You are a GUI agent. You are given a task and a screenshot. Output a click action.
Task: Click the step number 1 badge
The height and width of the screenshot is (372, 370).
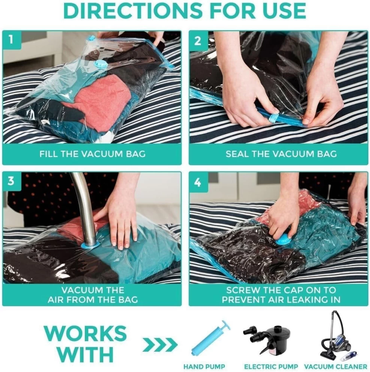click(x=12, y=39)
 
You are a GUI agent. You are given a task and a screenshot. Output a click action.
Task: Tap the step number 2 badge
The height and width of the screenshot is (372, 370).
click(x=198, y=41)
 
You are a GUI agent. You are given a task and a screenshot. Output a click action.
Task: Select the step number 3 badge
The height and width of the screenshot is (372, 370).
click(x=12, y=181)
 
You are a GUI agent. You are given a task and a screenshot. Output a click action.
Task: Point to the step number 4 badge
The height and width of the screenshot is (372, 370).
click(x=198, y=182)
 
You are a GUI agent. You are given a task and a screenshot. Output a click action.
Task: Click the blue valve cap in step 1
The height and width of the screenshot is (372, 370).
click(x=101, y=65)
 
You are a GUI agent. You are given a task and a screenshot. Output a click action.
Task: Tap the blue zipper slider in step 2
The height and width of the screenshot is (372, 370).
click(x=273, y=118)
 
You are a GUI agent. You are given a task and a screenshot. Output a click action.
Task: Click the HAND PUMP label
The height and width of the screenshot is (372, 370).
click(x=204, y=366)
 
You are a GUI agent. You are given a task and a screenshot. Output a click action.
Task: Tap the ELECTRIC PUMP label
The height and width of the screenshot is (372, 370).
click(x=271, y=366)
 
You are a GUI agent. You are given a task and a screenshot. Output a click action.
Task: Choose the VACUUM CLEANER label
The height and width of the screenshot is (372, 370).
click(x=335, y=366)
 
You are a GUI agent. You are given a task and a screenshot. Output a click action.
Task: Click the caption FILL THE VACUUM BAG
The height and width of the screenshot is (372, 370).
click(x=92, y=154)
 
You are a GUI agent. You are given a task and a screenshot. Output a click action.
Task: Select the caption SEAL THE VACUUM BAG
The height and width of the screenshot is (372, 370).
click(x=281, y=154)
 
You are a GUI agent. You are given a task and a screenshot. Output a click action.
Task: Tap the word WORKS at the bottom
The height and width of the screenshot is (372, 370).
click(x=85, y=333)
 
